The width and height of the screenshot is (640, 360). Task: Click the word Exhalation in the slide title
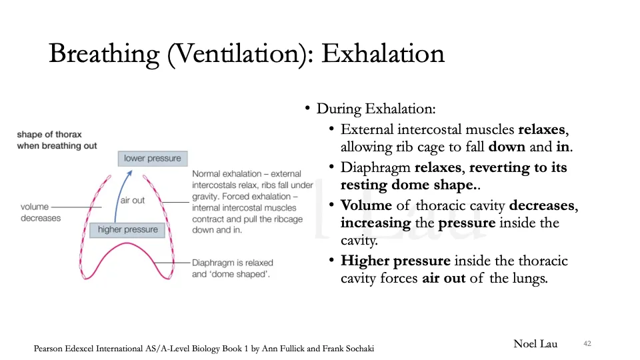383,53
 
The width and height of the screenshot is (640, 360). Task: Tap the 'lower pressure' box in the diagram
152,159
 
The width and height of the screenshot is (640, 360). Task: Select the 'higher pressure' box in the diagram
127,230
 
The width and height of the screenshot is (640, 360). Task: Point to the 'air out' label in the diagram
133,201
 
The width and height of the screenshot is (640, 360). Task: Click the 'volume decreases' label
40,213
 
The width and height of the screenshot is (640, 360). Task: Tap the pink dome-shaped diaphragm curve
126,248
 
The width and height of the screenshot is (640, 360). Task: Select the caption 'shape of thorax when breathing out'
57,140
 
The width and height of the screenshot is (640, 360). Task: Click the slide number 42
587,344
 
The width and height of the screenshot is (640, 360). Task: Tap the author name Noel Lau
535,344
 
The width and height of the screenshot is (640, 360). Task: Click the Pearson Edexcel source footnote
208,349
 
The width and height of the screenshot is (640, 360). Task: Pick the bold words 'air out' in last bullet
444,279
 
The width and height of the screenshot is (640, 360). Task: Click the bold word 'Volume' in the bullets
366,206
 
